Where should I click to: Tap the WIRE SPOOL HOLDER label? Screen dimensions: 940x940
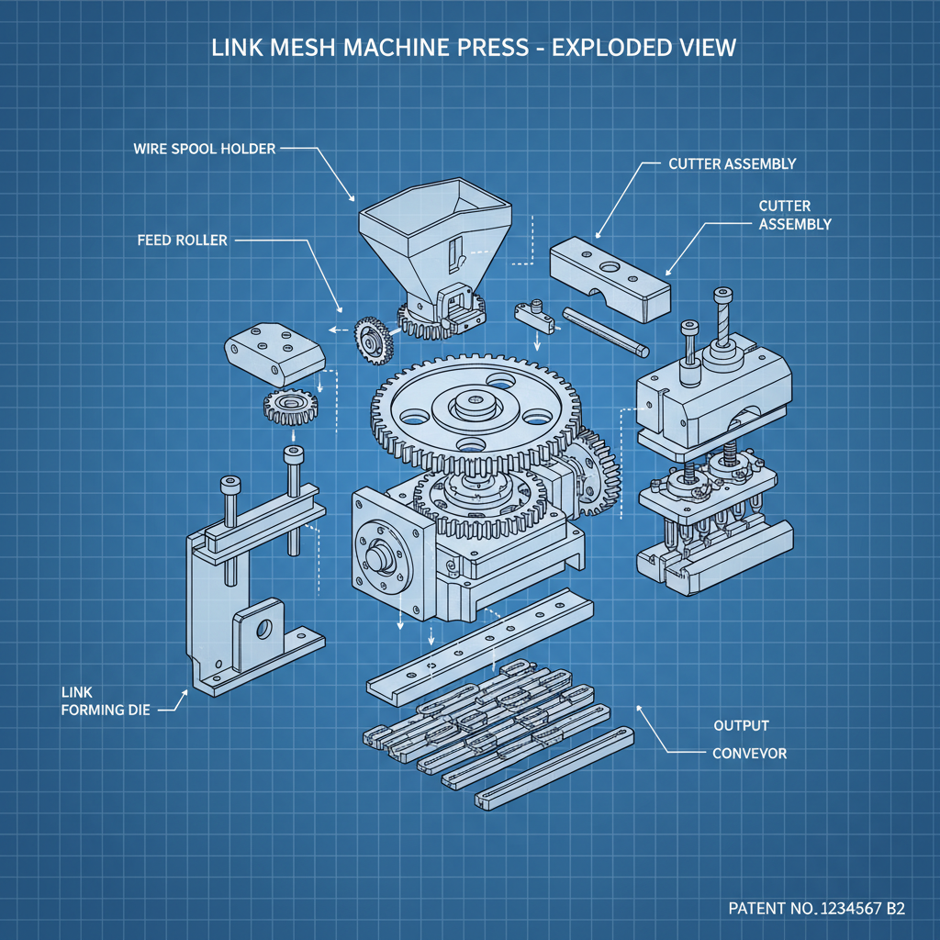pyautogui.click(x=204, y=148)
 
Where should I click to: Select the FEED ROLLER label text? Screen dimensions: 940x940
pyautogui.click(x=182, y=241)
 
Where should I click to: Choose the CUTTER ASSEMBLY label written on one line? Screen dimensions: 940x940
pyautogui.click(x=732, y=164)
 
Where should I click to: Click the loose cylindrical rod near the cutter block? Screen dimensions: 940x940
pyautogui.click(x=606, y=330)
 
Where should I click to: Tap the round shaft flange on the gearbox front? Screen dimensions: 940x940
pyautogui.click(x=383, y=559)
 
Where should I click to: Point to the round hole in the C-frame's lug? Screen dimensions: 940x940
pyautogui.click(x=264, y=630)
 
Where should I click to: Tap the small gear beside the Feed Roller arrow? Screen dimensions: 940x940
pyautogui.click(x=373, y=339)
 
